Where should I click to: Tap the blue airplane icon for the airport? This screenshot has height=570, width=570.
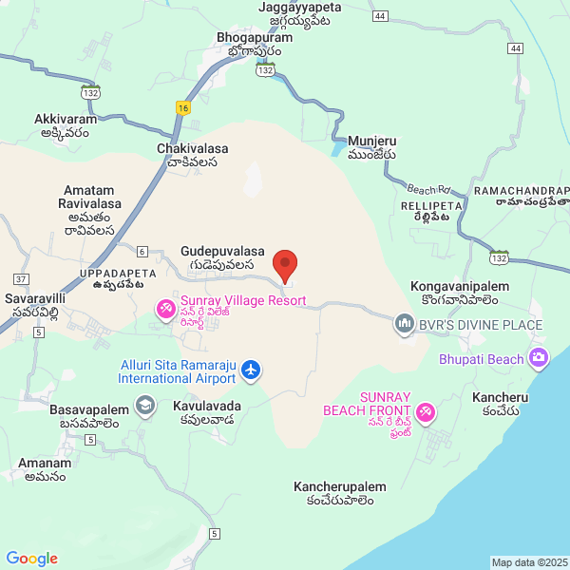[251, 369]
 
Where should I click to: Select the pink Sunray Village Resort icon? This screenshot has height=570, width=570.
[165, 308]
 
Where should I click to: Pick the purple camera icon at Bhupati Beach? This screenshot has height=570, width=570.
[539, 358]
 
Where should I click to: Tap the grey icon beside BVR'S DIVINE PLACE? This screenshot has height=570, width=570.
[404, 324]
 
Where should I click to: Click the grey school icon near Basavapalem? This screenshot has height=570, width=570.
[144, 407]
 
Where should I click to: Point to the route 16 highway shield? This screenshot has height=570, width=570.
[182, 108]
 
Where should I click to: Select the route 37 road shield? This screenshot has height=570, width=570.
[20, 278]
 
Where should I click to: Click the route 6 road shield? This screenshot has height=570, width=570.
[142, 252]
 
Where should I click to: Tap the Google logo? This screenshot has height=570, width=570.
[31, 559]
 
